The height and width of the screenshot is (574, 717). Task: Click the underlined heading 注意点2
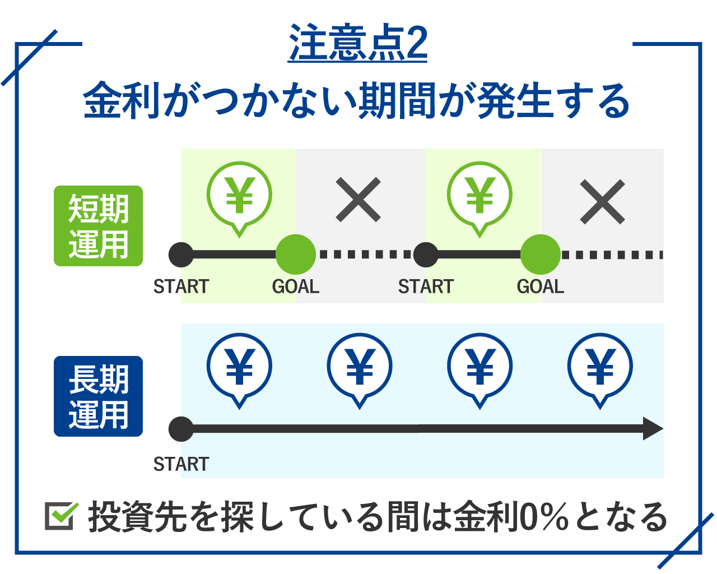357,43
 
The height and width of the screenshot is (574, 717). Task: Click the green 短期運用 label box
98,226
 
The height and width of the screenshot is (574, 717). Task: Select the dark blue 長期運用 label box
98,396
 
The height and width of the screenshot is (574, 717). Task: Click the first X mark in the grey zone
358,200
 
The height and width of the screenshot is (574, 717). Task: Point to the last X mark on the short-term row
602,201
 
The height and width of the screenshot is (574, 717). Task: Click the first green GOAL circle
296,254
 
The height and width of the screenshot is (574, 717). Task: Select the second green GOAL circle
541,254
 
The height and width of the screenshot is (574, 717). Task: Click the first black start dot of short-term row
181,255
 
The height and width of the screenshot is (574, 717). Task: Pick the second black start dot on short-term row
426,255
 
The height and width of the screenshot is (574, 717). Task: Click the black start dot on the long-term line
181,429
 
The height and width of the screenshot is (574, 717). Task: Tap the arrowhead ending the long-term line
653,429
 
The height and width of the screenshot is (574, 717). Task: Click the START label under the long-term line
181,464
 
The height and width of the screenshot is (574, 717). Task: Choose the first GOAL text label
296,286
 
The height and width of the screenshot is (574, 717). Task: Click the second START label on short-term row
426,286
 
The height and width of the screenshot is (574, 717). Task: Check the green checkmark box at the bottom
61,516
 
